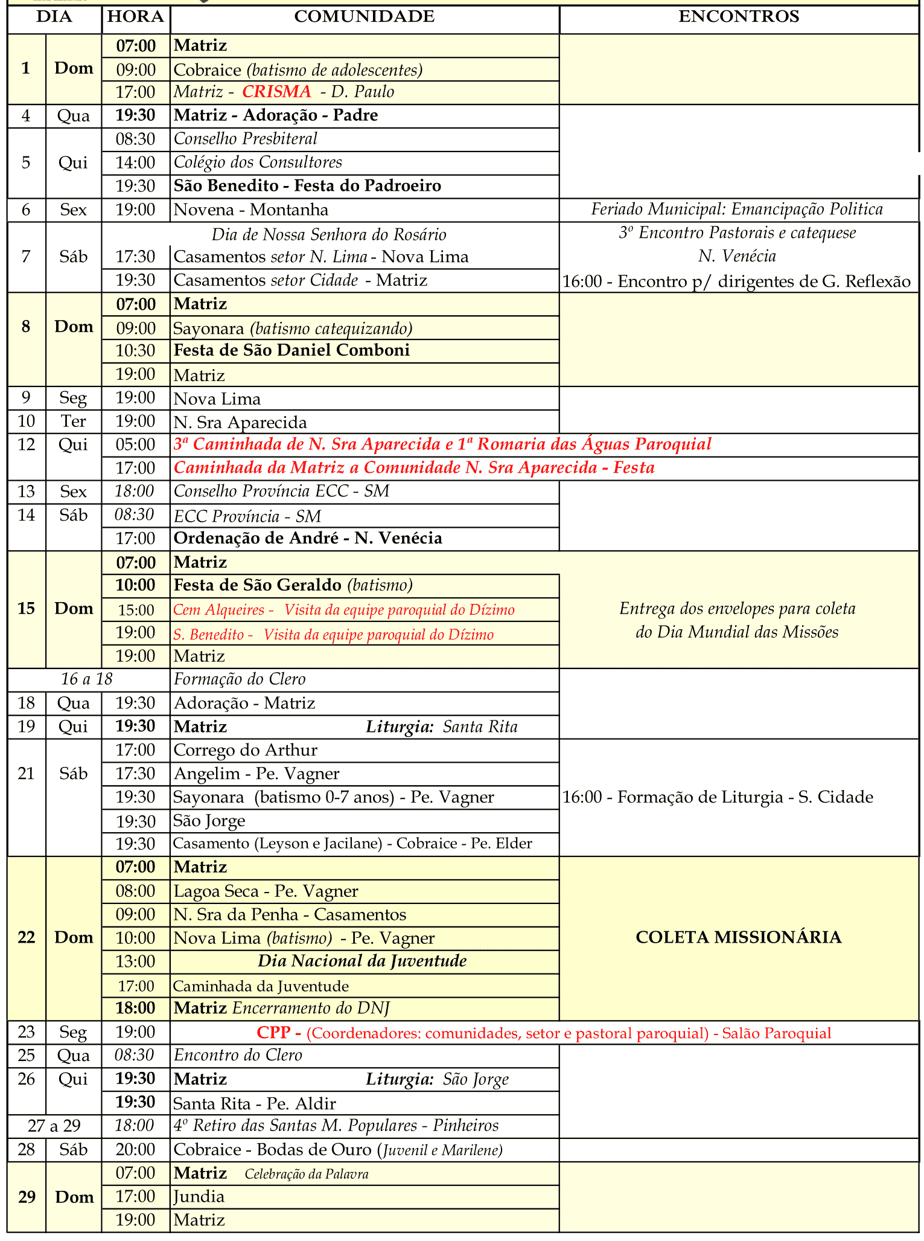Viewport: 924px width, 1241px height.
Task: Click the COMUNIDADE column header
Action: pos(364,17)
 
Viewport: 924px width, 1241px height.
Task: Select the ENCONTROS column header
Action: pos(739,17)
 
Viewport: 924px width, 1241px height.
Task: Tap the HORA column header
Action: pos(136,17)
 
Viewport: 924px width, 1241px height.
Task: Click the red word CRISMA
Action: pos(277,92)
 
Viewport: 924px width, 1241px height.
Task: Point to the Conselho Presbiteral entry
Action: pos(246,139)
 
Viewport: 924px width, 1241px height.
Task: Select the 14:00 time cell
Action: pos(136,162)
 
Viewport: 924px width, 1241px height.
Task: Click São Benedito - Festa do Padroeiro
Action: pos(307,186)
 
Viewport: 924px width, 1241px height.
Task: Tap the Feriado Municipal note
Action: pos(737,210)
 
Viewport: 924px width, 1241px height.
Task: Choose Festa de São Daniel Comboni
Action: pos(292,350)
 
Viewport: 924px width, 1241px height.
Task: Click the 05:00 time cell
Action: pos(136,445)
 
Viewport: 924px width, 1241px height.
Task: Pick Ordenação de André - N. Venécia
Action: pos(308,538)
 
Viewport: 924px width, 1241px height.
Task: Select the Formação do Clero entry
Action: pos(240,679)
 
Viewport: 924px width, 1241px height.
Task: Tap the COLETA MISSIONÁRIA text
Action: pos(738,937)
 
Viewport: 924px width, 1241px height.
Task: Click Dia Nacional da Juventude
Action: pos(362,961)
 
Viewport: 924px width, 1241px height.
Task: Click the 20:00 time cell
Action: pos(136,1150)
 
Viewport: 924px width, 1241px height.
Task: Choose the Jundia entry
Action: pos(199,1196)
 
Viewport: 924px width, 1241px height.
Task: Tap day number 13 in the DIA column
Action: pos(27,492)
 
